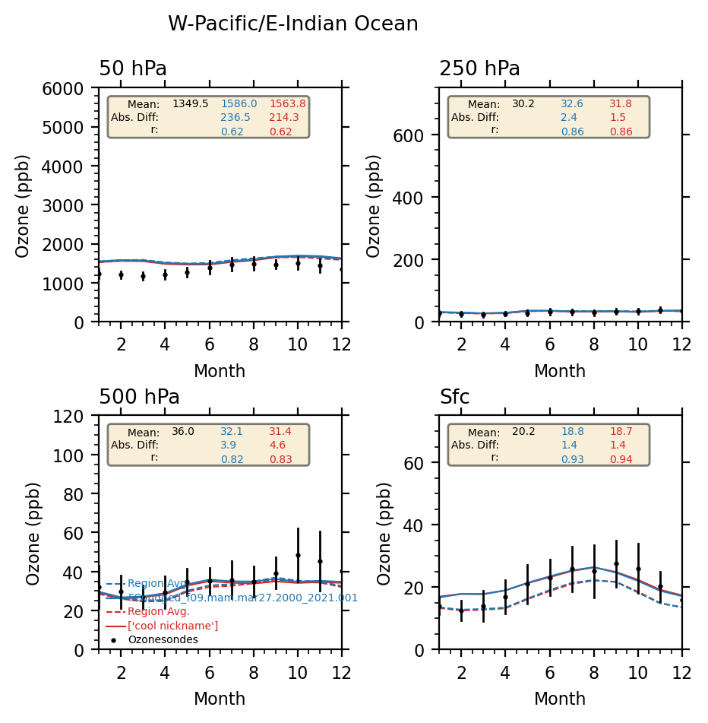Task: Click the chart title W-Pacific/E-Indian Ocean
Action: click(x=292, y=24)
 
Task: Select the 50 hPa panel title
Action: click(x=133, y=69)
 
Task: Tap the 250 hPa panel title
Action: click(x=479, y=69)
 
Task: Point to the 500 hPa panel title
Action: click(x=139, y=398)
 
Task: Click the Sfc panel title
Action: click(x=454, y=398)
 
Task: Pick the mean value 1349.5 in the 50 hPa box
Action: click(x=190, y=104)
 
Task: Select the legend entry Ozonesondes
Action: click(x=163, y=640)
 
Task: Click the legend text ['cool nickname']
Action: click(x=172, y=626)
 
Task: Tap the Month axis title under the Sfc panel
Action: click(x=560, y=699)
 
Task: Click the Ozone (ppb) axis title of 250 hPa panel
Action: click(x=375, y=205)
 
